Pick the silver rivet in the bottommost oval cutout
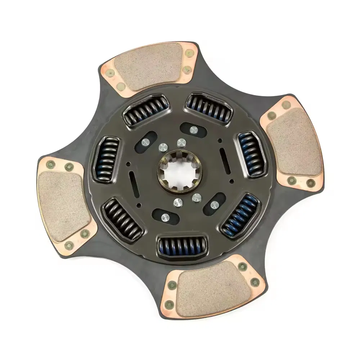[x=165, y=217]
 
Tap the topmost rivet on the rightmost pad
[x=286, y=105]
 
